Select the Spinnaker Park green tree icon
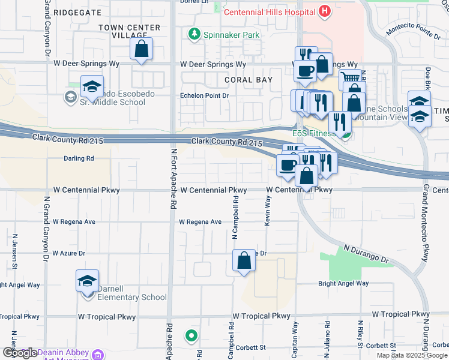click(194, 35)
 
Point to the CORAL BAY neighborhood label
click(248, 79)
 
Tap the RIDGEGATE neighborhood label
click(77, 12)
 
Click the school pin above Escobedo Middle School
click(92, 86)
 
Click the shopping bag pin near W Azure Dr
click(244, 261)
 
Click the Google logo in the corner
click(19, 353)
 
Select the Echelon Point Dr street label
click(205, 95)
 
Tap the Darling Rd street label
click(79, 158)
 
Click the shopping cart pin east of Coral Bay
click(350, 79)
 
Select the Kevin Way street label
click(265, 213)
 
